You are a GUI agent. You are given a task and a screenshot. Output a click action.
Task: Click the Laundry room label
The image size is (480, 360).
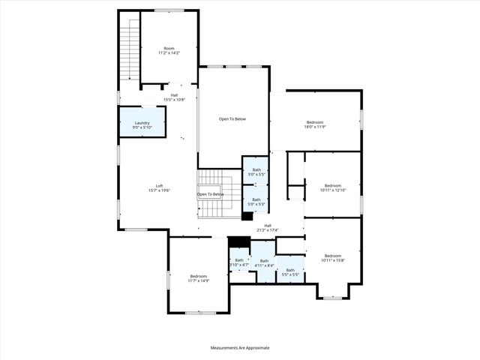pyautogui.click(x=142, y=125)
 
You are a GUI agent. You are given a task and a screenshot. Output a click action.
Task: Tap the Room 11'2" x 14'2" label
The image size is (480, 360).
pyautogui.click(x=169, y=51)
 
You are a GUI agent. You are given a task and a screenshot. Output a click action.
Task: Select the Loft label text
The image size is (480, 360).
pyautogui.click(x=159, y=188)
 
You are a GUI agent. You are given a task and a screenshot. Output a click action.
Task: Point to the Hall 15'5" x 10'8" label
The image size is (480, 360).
pyautogui.click(x=174, y=97)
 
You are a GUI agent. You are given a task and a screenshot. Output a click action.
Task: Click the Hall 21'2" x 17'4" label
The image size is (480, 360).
pyautogui.click(x=267, y=227)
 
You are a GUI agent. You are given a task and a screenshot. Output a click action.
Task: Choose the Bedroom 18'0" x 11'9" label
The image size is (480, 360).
pyautogui.click(x=315, y=124)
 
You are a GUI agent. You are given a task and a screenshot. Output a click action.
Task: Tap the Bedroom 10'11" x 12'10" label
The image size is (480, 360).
pyautogui.click(x=332, y=187)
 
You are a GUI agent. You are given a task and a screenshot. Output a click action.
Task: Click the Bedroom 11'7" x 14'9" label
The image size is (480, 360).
pyautogui.click(x=199, y=278)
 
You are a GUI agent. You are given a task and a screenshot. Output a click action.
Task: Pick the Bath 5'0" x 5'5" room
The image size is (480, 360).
pyautogui.click(x=256, y=172)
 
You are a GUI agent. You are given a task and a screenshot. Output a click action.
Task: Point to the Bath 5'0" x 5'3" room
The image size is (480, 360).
pyautogui.click(x=256, y=202)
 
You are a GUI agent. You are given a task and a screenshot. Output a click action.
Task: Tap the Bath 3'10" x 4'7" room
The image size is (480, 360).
pyautogui.click(x=239, y=262)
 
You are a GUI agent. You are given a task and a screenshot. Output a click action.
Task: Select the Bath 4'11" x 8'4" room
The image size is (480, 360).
pyautogui.click(x=262, y=262)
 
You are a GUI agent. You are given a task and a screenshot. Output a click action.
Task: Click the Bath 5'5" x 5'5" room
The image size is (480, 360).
pyautogui.click(x=290, y=271)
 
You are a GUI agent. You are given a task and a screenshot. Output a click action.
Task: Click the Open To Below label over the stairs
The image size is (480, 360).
pyautogui.click(x=211, y=194)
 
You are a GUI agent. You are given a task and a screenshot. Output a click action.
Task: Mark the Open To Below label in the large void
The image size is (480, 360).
pyautogui.click(x=232, y=118)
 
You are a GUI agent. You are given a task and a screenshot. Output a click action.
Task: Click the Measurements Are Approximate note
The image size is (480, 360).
pyautogui.click(x=239, y=347)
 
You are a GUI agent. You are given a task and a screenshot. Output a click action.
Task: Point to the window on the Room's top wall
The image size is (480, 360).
pyautogui.click(x=169, y=10)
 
